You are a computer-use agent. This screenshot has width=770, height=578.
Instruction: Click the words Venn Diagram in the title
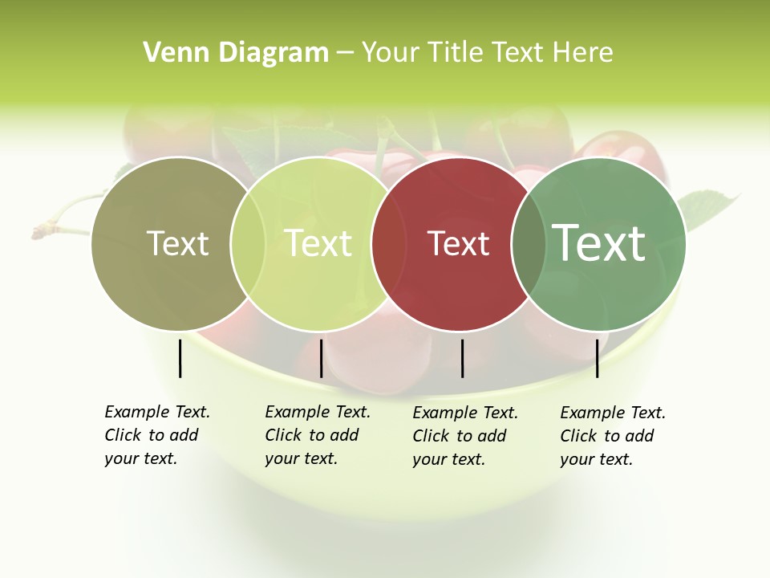236,53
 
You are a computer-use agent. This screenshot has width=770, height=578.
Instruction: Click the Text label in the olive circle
177,243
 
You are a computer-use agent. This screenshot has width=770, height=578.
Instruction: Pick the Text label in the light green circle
318,243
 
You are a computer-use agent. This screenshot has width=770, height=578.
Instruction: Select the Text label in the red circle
459,243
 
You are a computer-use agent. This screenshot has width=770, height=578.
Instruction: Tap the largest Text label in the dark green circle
599,242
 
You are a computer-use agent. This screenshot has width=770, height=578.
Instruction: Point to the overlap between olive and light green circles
248,243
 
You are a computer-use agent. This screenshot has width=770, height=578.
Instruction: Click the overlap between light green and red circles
389,243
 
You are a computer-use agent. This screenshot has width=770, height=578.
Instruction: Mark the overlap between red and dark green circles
527,243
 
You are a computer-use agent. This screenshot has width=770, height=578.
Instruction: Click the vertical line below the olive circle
180,358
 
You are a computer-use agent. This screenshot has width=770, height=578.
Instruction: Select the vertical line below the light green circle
321,358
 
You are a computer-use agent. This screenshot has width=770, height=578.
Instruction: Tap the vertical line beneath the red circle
463,358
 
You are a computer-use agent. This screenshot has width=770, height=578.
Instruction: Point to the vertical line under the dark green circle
598,358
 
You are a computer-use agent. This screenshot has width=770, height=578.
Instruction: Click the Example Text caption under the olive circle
157,435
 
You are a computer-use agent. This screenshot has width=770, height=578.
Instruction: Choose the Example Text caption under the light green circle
318,435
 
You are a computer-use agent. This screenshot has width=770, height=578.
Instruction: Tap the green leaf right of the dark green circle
710,206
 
